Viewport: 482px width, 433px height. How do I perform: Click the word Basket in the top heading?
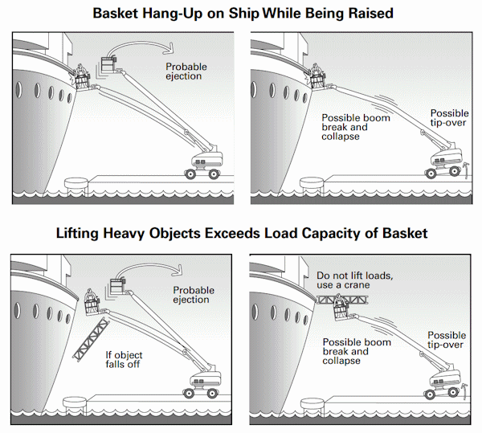coord(115,14)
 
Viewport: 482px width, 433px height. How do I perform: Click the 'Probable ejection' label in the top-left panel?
coord(186,71)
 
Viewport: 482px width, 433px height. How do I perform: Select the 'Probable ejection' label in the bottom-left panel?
coord(194,295)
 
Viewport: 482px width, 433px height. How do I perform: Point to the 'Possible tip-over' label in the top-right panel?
coord(449,118)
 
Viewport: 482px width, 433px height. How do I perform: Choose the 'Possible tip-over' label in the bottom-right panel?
coord(447,340)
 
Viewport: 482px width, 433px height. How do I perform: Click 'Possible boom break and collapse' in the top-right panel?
coord(356,127)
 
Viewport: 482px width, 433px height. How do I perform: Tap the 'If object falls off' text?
coord(124,360)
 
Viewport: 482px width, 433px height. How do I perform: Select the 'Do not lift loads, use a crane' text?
coord(355,280)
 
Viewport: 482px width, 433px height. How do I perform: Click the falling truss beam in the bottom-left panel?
coord(91,338)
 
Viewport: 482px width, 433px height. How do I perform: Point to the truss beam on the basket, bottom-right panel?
coord(342,300)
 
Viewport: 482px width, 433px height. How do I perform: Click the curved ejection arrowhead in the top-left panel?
coord(169,48)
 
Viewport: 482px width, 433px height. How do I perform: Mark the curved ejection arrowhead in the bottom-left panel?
coord(177,271)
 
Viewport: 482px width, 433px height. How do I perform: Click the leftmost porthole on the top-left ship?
coord(18,90)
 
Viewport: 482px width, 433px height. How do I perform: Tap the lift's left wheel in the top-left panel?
coord(190,174)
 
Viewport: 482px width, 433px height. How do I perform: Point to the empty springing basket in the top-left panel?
coord(108,64)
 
